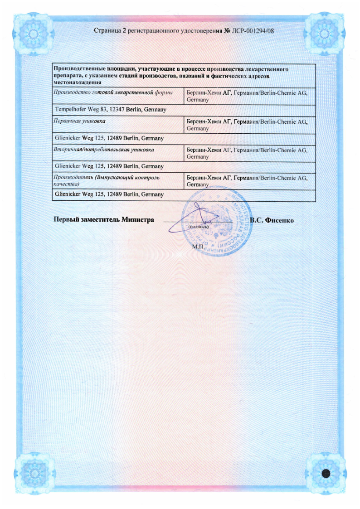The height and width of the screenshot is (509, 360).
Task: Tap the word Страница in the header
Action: pyautogui.click(x=107, y=31)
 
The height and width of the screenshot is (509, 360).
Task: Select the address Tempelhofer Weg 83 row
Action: pyautogui.click(x=111, y=110)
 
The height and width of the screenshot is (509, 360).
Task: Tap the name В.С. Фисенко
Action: pyautogui.click(x=272, y=220)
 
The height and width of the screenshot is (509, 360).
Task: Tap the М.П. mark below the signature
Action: pyautogui.click(x=198, y=246)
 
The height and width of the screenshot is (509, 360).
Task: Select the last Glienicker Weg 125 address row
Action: pyautogui.click(x=109, y=194)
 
